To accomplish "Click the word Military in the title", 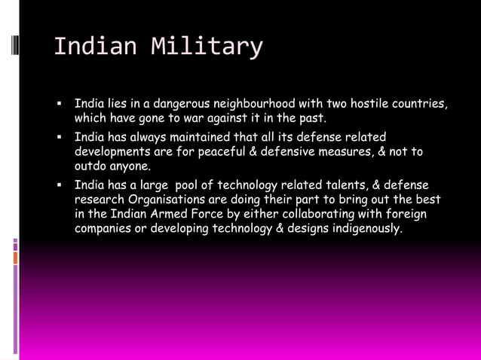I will (207, 47).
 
